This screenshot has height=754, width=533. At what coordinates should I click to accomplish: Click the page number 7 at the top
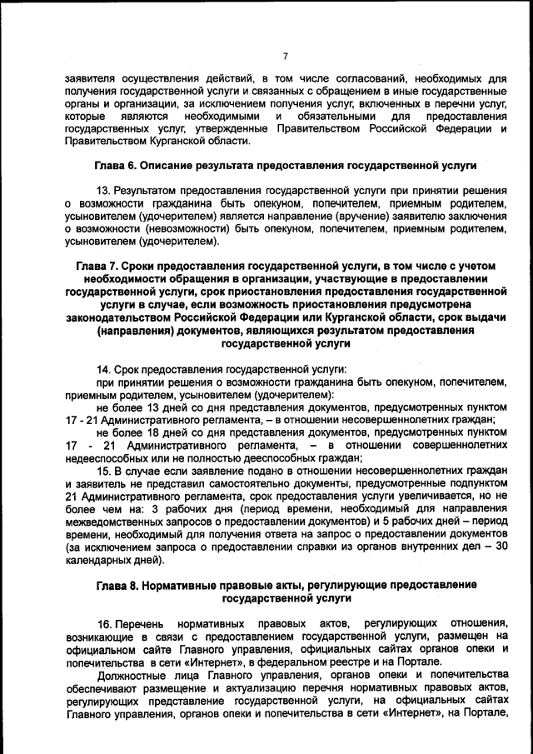point(284,56)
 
